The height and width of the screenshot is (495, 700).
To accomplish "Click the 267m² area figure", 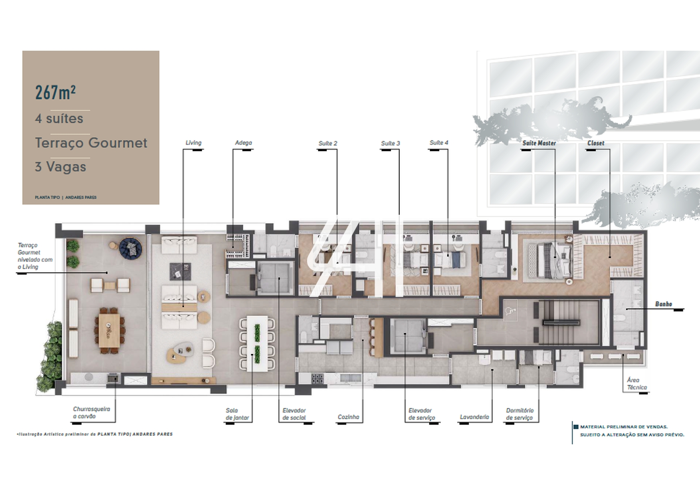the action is coord(56,92).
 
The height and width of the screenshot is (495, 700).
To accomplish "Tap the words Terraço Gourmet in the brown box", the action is coord(91,143).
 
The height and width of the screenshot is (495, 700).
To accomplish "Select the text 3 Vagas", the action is coord(60,166).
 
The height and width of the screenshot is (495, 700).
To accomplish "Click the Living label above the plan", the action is coord(193,143).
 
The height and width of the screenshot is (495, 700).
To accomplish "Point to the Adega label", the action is coord(243,143).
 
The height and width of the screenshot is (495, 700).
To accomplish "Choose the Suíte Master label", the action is coord(539,143).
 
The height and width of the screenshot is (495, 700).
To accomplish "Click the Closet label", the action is coord(596,143).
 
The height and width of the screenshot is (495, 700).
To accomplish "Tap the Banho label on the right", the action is coord(664,304).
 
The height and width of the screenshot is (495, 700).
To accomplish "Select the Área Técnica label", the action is coord(637,384).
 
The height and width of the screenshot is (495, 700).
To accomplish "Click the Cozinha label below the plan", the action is coord(348,417).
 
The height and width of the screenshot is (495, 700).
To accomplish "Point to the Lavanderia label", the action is coord(474,417).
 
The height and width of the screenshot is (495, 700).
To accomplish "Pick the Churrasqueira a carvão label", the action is coord(91,413).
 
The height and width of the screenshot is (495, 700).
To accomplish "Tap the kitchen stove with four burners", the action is coord(317,378).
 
